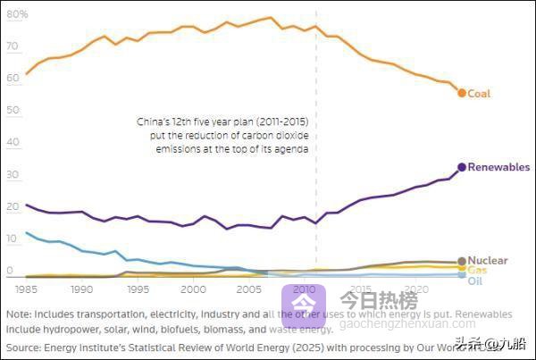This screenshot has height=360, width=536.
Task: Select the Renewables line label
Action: click(x=498, y=168)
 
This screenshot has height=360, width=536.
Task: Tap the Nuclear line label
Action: click(x=488, y=261)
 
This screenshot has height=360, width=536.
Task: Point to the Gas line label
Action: click(x=477, y=270)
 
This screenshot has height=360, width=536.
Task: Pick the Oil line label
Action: click(x=475, y=280)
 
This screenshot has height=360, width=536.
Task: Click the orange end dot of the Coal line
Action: click(x=462, y=93)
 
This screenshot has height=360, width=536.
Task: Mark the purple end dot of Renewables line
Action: click(x=462, y=167)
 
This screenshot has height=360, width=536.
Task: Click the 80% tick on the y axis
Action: click(x=17, y=15)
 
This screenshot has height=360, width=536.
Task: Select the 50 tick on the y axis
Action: click(x=11, y=111)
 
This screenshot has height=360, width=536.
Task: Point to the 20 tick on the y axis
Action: click(x=11, y=207)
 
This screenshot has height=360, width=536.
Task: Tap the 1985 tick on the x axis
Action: click(x=26, y=290)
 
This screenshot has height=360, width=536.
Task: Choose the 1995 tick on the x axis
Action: click(x=138, y=290)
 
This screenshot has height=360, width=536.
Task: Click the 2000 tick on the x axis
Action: click(x=194, y=290)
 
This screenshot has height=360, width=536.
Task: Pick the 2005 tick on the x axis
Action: click(x=249, y=290)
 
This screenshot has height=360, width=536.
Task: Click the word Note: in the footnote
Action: click(x=18, y=314)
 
